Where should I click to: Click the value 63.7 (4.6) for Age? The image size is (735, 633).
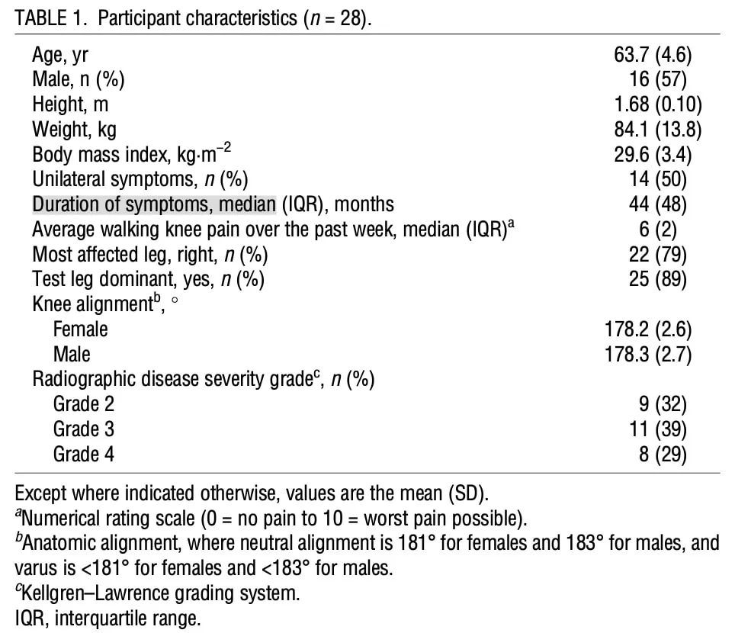[x=653, y=55]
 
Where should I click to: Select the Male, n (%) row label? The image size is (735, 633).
[x=79, y=79]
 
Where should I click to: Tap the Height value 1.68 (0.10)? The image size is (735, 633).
[x=658, y=104]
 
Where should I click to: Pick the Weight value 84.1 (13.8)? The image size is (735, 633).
[x=658, y=130]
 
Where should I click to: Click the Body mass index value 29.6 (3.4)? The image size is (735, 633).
[x=653, y=155]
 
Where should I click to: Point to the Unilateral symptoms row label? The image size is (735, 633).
[x=140, y=179]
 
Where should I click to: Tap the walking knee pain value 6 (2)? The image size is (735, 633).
[x=658, y=230]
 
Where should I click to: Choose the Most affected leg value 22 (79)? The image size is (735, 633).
[x=658, y=255]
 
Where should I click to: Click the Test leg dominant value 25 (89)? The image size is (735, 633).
[x=658, y=279]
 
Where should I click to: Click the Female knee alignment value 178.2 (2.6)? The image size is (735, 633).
[x=648, y=329]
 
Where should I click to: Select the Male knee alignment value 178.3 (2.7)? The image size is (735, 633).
[x=648, y=355]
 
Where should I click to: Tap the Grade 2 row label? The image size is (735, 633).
[x=83, y=404]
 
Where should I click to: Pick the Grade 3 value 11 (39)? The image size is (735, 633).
[x=658, y=429]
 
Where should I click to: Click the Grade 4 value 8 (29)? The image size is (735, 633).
[x=663, y=455]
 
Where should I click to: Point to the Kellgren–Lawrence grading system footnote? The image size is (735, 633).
[x=157, y=593]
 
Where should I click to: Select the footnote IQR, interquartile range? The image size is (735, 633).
[x=108, y=619]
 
